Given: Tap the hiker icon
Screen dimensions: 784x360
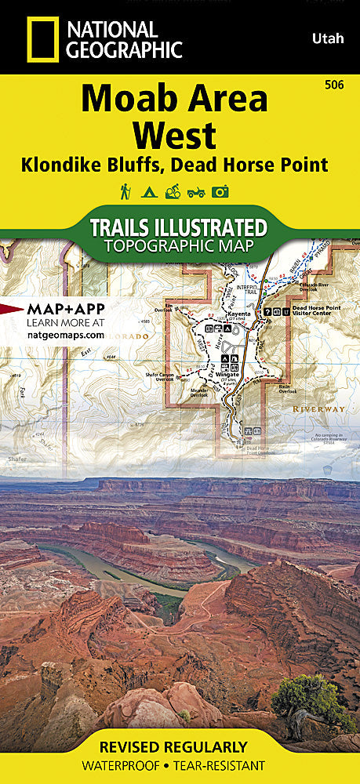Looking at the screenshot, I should [125, 191].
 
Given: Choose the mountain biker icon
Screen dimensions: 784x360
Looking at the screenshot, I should [173, 191].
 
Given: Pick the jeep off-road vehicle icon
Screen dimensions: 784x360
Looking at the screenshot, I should [196, 191].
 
